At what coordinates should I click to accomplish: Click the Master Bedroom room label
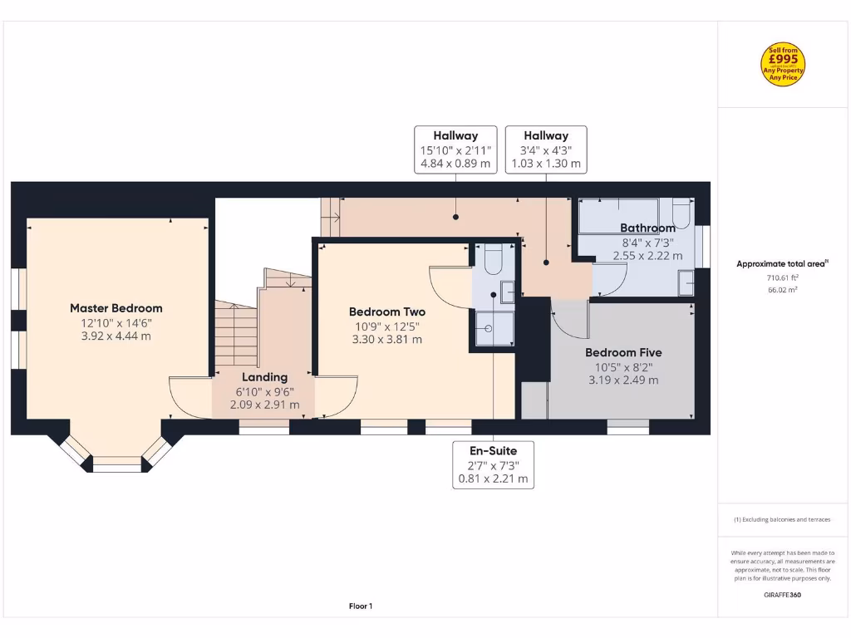[x=116, y=308]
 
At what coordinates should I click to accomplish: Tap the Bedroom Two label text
[x=386, y=312]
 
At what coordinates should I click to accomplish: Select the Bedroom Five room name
[x=623, y=352]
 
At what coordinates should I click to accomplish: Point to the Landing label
[x=264, y=377]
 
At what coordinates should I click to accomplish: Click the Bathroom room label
[x=647, y=228]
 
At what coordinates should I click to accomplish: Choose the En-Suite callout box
[x=494, y=464]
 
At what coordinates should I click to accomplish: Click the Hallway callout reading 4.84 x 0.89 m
[x=455, y=150]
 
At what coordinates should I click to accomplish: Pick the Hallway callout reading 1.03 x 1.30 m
[x=546, y=150]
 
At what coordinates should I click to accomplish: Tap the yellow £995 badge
[x=783, y=65]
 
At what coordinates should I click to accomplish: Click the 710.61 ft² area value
[x=782, y=279]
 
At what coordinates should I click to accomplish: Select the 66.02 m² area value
[x=782, y=291]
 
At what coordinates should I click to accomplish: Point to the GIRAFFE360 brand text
[x=782, y=595]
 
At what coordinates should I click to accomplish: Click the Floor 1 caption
[x=360, y=606]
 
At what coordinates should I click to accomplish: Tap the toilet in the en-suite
[x=492, y=259]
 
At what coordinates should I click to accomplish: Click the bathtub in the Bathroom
[x=618, y=216]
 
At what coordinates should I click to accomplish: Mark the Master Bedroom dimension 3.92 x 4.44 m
[x=116, y=336]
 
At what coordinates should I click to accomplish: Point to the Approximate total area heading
[x=782, y=264]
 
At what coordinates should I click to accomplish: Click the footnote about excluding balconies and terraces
[x=782, y=519]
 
